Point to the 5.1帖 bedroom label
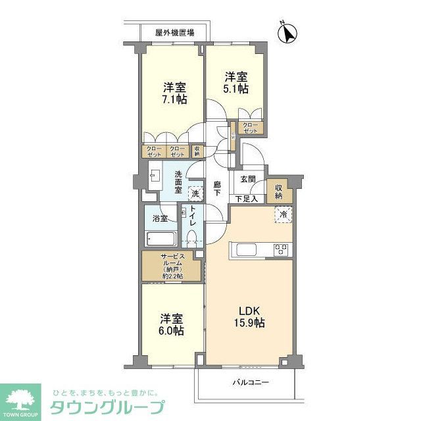pyautogui.click(x=235, y=82)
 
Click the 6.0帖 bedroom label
pyautogui.click(x=171, y=324)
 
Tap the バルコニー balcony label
pyautogui.click(x=250, y=382)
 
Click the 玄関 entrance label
pyautogui.click(x=247, y=178)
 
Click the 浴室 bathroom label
pyautogui.click(x=161, y=218)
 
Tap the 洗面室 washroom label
pyautogui.click(x=178, y=181)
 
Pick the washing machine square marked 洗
pyautogui.click(x=195, y=194)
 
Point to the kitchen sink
pyautogui.click(x=247, y=249)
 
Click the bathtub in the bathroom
pyautogui.click(x=160, y=238)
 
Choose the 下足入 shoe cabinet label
pyautogui.click(x=247, y=198)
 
